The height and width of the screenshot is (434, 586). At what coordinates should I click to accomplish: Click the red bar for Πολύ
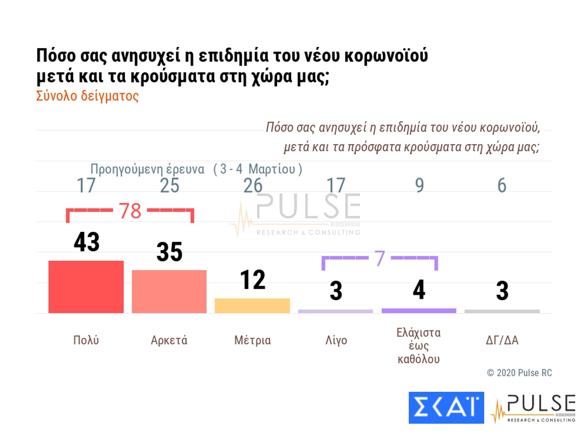point(86,287)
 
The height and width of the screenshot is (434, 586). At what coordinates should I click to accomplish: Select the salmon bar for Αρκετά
point(169,291)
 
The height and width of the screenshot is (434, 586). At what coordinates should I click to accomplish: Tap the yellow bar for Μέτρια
point(252,306)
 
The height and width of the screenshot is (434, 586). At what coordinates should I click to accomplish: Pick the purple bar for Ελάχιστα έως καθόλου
point(419,310)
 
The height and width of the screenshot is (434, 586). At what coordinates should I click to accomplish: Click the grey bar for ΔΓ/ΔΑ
point(502,311)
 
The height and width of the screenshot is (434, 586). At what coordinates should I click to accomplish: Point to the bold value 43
point(87,242)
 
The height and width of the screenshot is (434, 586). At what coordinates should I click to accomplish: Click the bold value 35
point(169,252)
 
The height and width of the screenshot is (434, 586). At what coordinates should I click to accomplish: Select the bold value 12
point(253,280)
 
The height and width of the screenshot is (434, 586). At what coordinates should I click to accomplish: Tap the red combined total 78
point(130,211)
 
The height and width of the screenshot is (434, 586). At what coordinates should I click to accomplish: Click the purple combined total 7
point(380,259)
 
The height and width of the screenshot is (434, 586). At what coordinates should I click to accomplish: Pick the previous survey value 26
point(253,186)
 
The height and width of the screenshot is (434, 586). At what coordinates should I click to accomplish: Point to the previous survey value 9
point(419,186)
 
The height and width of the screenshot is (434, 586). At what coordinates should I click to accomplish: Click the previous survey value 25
point(169,186)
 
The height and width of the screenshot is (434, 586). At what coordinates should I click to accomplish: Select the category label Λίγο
point(335,340)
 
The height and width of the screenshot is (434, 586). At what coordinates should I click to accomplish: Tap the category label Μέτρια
point(252,340)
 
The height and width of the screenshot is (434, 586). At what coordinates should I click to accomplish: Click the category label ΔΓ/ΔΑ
point(502,340)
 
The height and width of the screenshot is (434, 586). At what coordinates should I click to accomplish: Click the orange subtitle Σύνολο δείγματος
point(88,96)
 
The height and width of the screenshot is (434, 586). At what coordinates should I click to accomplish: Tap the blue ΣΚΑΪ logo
point(446,408)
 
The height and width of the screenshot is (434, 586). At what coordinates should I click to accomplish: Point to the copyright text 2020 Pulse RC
point(519,373)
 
